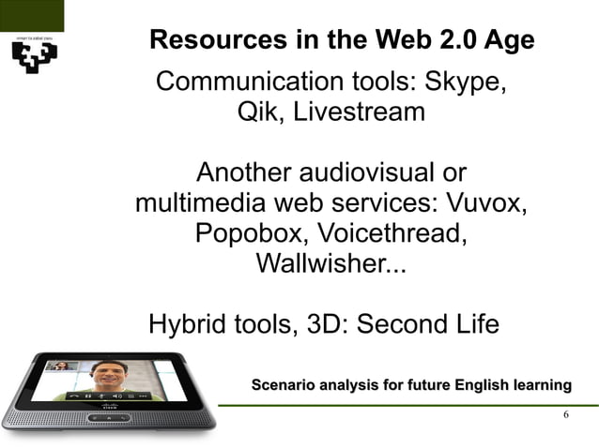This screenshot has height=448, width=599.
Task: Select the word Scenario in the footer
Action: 283,385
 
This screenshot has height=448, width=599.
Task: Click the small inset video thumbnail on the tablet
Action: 63,366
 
